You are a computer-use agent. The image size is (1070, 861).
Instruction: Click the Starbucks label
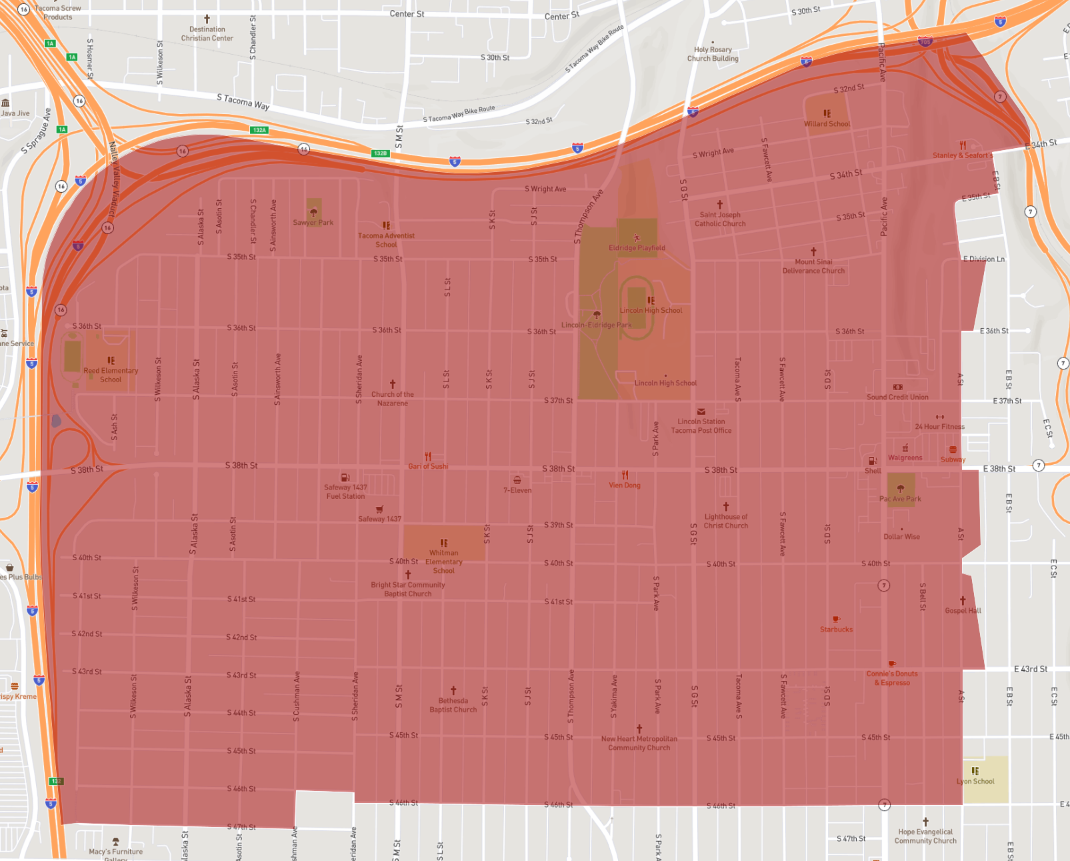(836, 629)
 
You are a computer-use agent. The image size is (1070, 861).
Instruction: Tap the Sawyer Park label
(313, 222)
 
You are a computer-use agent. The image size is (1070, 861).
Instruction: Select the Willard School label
(827, 123)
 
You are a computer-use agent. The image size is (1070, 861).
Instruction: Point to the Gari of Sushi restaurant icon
(428, 457)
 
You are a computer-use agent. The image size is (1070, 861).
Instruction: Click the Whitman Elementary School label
(444, 562)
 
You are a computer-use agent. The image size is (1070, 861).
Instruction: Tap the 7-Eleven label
(517, 490)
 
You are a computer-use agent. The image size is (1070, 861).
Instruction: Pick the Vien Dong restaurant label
(624, 485)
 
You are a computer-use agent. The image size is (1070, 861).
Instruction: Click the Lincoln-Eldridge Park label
(596, 325)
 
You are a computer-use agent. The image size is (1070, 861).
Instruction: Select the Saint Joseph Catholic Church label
(720, 219)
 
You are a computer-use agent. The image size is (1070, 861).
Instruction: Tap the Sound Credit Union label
(897, 397)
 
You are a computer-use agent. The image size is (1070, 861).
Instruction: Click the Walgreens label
(905, 458)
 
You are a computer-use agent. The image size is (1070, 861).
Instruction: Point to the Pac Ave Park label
(900, 498)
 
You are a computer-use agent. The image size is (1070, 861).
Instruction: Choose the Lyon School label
(975, 781)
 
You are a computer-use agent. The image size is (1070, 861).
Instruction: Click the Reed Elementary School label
(111, 375)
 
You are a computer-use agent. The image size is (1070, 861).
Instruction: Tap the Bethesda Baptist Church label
(453, 705)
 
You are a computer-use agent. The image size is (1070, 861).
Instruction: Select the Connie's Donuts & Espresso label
(892, 678)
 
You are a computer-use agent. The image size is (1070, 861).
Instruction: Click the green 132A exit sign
(259, 130)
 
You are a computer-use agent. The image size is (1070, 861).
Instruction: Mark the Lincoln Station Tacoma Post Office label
(701, 425)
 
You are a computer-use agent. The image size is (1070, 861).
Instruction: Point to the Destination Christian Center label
(207, 33)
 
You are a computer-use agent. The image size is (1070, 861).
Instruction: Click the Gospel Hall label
(963, 610)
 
